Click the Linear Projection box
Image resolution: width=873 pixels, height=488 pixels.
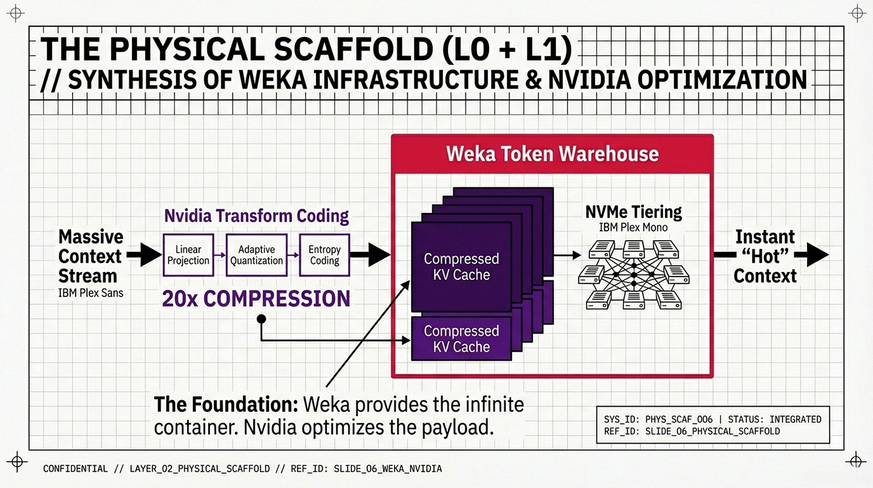coord(188,255)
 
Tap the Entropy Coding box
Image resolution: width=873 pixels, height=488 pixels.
coord(324,255)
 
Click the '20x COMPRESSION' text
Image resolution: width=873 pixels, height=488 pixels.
coord(255,298)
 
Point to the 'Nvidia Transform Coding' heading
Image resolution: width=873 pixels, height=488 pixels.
coord(256,216)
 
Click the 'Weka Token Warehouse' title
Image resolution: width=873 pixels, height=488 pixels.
coord(552,154)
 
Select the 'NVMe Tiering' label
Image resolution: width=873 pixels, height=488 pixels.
coord(633,212)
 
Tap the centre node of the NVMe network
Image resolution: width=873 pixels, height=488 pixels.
coord(633,274)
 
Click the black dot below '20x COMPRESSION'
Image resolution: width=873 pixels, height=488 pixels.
coord(261,319)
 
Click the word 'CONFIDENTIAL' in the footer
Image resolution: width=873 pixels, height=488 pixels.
coord(76,469)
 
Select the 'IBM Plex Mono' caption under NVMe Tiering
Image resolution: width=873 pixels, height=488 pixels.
coord(633,227)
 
